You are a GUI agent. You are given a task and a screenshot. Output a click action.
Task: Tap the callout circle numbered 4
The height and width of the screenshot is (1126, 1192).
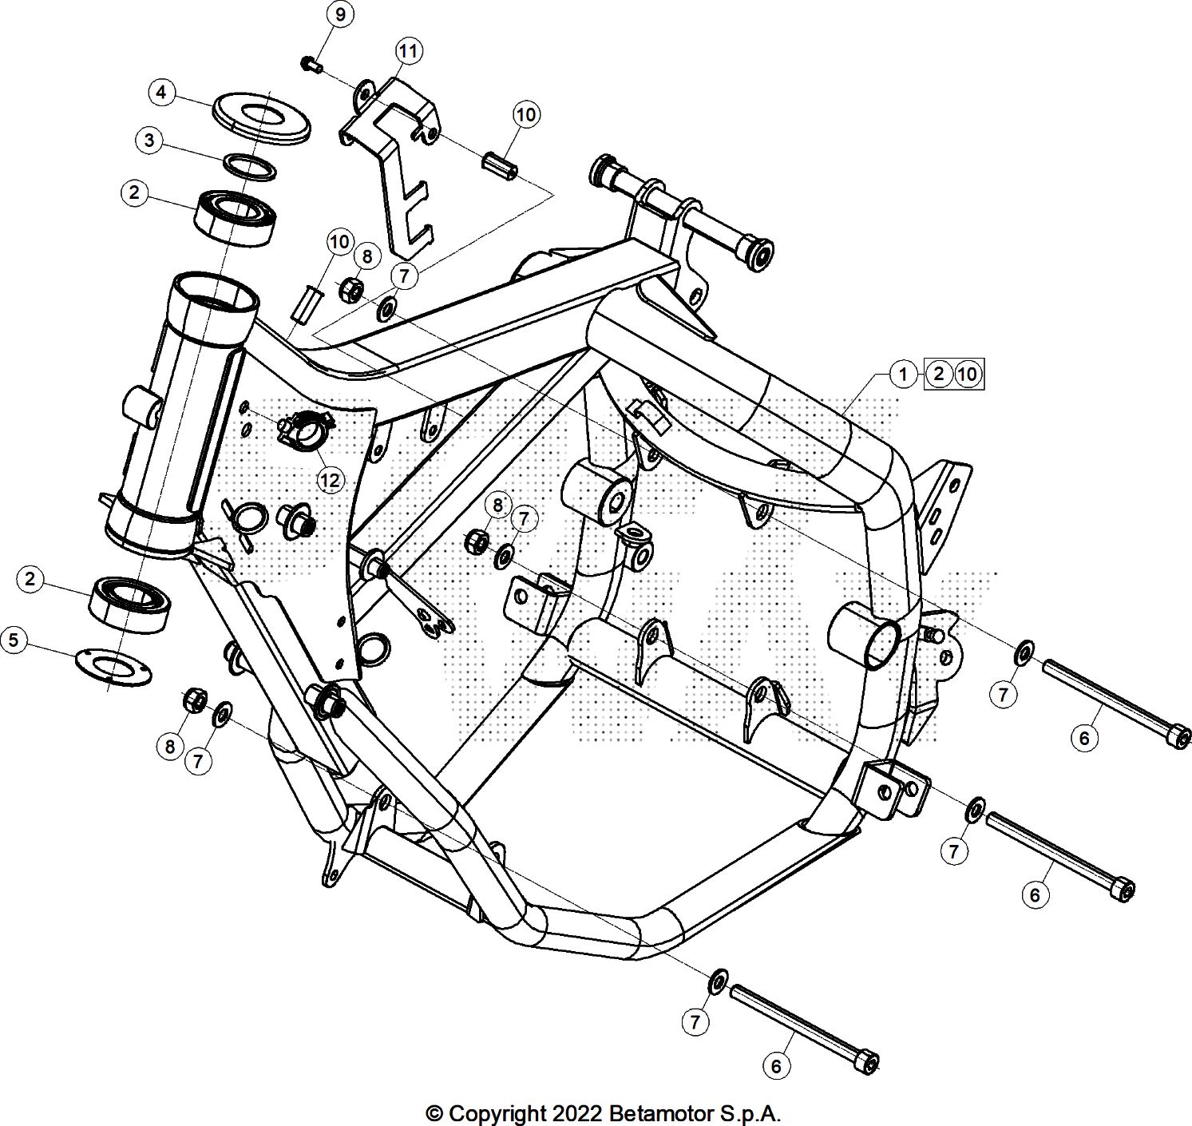pos(162,93)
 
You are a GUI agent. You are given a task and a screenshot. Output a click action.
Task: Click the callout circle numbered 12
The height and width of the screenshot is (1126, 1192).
pos(330,480)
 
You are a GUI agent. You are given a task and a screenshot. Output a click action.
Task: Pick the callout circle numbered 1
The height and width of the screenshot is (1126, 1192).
pos(903,373)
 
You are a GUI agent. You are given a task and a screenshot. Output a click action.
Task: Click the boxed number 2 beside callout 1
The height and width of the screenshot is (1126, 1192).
pos(939,373)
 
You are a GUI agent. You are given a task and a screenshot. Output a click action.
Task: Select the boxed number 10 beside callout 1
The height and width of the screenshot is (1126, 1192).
pos(967,373)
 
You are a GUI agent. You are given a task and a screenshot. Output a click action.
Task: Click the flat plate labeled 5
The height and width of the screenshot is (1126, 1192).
pos(114,666)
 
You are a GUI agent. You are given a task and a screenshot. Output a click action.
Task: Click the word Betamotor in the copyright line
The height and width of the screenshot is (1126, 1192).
pos(658,1112)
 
